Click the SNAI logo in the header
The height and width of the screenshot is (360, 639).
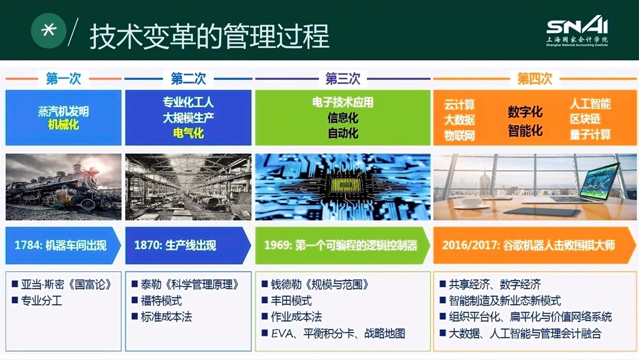coord(577,30)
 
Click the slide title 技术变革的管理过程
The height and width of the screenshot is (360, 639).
coord(209,36)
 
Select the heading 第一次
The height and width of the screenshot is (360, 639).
coord(63,78)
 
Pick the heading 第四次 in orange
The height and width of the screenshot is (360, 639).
coord(534,78)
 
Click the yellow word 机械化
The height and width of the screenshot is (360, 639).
coord(63,125)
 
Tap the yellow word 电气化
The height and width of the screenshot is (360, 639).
coord(188,133)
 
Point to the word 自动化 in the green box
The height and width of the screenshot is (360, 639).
coord(343,133)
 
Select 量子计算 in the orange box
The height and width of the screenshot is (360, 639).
coord(590,134)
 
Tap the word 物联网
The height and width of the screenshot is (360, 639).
coord(459,136)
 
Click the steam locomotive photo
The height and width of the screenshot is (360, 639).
coord(63,187)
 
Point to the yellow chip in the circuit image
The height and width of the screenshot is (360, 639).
coord(342,185)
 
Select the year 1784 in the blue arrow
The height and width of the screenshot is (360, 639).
coord(26,245)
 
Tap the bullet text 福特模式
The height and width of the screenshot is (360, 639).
coord(161,301)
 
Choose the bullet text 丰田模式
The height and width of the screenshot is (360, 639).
coord(291,301)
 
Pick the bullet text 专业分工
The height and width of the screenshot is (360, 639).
coord(41,301)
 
